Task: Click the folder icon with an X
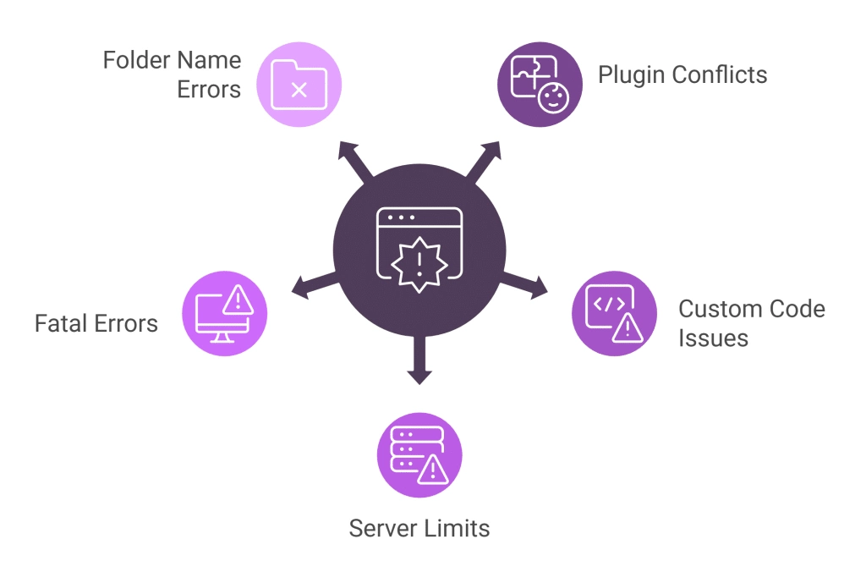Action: tap(298, 85)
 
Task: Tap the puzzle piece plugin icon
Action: tap(539, 84)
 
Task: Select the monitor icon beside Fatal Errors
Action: tap(224, 313)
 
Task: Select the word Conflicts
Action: tap(721, 74)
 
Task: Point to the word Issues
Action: tap(713, 338)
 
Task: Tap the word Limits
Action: tap(458, 529)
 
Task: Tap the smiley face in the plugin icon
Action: tap(554, 99)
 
